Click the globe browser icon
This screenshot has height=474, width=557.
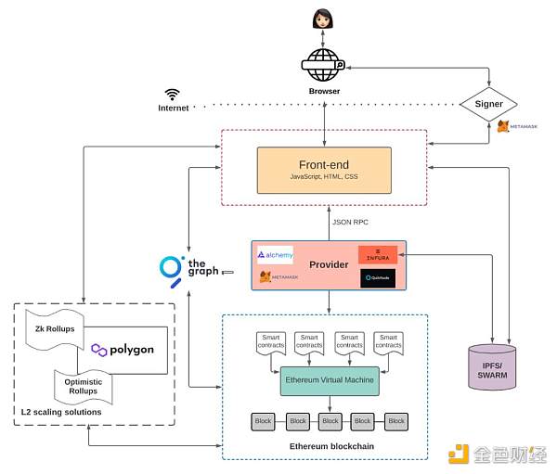324,67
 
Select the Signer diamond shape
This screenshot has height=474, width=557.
488,104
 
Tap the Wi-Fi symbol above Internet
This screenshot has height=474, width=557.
173,94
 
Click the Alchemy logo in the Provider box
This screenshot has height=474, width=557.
275,254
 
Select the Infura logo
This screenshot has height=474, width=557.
378,254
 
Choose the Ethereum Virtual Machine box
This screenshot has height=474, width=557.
330,381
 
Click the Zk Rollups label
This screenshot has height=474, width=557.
55,329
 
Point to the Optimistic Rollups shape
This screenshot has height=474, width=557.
84,385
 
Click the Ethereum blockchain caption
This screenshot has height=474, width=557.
324,447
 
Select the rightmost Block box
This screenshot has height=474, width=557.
396,421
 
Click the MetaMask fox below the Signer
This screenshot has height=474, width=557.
503,126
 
